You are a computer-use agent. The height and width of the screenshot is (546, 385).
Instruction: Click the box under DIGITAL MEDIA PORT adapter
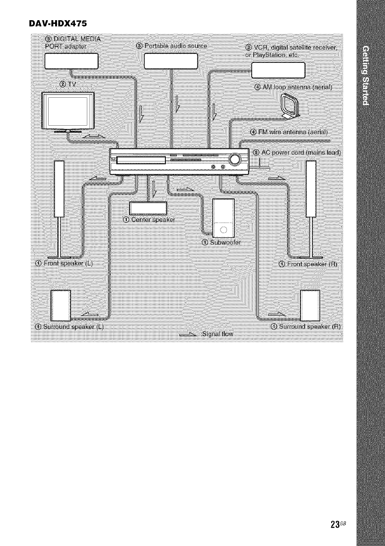coord(72,61)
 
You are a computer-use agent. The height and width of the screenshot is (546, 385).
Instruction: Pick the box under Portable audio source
coord(170,61)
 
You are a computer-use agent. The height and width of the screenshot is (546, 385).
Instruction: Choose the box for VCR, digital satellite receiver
coord(279,71)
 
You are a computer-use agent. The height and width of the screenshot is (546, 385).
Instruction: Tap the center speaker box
coord(148,207)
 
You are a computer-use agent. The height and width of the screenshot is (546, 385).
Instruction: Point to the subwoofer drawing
coord(223,216)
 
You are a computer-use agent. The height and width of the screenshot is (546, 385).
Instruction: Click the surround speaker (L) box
coord(61,305)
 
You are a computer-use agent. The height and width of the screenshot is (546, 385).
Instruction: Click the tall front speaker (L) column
coord(58,188)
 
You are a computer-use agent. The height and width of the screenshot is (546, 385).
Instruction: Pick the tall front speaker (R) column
coord(311,188)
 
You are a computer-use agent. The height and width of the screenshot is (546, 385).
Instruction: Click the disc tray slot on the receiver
coord(141,160)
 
